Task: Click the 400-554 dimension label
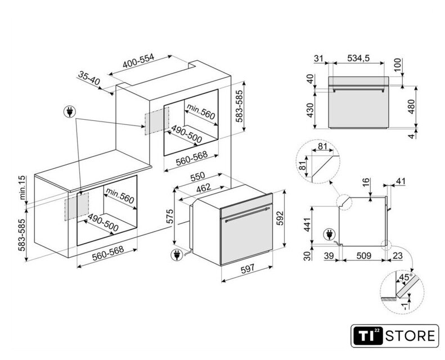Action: tap(138, 61)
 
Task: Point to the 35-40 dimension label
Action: tap(89, 78)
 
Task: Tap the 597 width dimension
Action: tap(248, 269)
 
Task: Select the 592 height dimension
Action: tap(280, 218)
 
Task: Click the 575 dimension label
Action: tap(169, 217)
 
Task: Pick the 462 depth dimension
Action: tap(204, 188)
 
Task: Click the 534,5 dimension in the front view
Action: tap(358, 58)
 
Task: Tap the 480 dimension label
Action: tap(411, 106)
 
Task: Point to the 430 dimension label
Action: tap(310, 110)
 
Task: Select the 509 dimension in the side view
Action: tap(364, 255)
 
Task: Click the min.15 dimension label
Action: tap(23, 187)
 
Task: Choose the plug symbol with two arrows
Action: tap(69, 111)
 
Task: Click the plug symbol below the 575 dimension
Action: tap(177, 254)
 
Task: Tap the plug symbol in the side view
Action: tap(329, 235)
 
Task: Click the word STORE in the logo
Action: tap(410, 336)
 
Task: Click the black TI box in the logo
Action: tap(368, 336)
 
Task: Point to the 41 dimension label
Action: tap(400, 181)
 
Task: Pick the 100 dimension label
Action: tap(398, 64)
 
